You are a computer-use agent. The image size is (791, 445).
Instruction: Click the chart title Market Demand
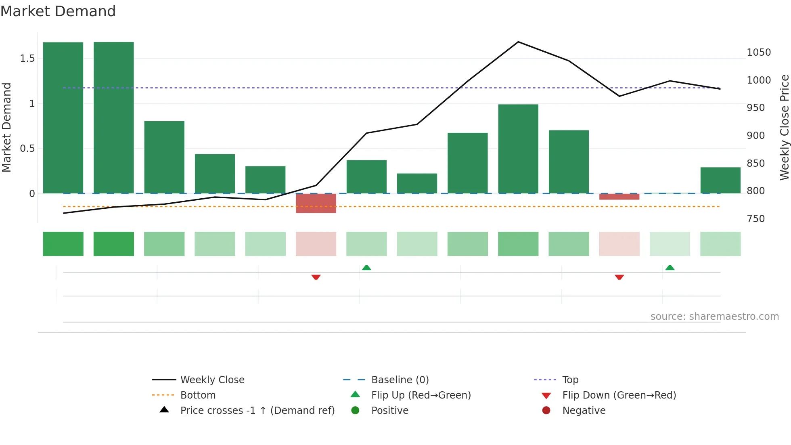(x=58, y=11)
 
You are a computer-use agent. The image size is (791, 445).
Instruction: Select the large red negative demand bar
(x=316, y=203)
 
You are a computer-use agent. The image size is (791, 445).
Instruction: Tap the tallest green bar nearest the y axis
(x=63, y=118)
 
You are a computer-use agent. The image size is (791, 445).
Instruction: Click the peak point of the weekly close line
(x=518, y=42)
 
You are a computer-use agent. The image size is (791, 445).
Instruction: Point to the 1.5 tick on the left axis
(x=27, y=59)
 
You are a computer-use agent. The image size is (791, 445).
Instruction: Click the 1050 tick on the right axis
(x=758, y=52)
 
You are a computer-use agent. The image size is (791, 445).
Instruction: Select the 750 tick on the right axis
(x=755, y=219)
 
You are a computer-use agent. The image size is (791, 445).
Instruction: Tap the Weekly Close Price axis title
(x=784, y=127)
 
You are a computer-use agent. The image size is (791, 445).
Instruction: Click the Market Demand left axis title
(x=6, y=127)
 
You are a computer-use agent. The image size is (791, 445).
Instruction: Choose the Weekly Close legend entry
(x=212, y=380)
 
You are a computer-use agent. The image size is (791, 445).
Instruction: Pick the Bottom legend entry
(x=198, y=395)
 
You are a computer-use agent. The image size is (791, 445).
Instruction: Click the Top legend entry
(x=570, y=380)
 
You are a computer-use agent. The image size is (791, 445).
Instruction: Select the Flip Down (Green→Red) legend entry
(x=619, y=395)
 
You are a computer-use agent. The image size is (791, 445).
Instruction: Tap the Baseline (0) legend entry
(x=400, y=380)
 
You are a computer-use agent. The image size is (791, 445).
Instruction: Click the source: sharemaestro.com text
(x=714, y=317)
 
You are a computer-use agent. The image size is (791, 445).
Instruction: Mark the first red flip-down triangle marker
(x=316, y=277)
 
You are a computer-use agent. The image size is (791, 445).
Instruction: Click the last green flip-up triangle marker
(x=670, y=268)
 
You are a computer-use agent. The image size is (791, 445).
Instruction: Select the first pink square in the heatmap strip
(x=316, y=244)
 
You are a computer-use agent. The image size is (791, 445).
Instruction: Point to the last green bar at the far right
(x=720, y=180)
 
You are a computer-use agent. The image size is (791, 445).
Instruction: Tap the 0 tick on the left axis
(x=32, y=193)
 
